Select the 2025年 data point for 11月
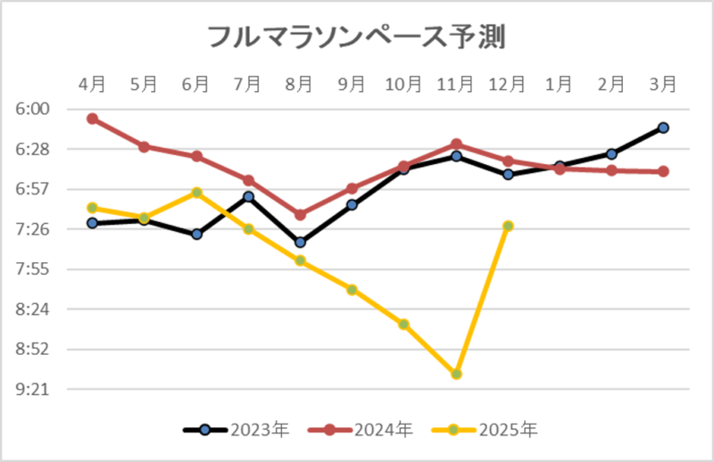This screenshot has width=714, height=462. point(456,374)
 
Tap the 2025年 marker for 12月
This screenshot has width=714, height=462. point(508,226)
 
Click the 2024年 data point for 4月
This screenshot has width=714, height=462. point(92,119)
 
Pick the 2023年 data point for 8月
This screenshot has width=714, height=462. point(300,243)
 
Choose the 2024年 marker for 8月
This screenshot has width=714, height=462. point(300,215)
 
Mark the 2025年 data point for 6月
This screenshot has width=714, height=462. point(196,192)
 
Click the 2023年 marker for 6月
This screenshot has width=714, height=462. point(196,235)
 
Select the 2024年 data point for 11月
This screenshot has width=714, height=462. point(456,144)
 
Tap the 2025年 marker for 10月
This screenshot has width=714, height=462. point(403,324)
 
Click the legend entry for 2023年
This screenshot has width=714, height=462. point(237,430)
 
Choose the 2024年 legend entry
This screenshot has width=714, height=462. point(360,430)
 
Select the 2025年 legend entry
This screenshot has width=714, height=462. point(484,430)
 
